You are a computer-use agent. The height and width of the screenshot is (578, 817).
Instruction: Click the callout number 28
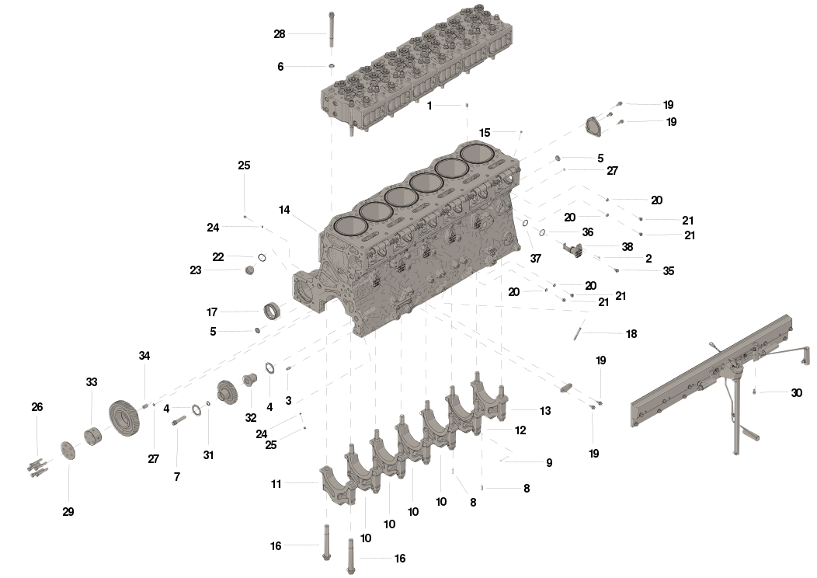pyautogui.click(x=280, y=34)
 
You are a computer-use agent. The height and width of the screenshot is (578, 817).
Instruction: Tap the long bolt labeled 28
pyautogui.click(x=332, y=31)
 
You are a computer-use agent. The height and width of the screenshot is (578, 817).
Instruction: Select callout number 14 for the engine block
pyautogui.click(x=284, y=210)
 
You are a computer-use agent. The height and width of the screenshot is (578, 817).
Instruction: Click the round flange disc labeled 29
pyautogui.click(x=67, y=450)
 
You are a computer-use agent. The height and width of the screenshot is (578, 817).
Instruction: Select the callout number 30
pyautogui.click(x=796, y=393)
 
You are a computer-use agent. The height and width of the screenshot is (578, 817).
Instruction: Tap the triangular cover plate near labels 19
pyautogui.click(x=596, y=126)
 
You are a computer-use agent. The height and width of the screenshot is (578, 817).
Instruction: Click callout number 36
pyautogui.click(x=587, y=232)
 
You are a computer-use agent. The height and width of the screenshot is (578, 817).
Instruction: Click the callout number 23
pyautogui.click(x=195, y=270)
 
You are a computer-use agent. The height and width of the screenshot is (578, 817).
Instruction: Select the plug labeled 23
pyautogui.click(x=250, y=270)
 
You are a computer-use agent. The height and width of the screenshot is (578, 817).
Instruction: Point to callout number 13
pyautogui.click(x=545, y=410)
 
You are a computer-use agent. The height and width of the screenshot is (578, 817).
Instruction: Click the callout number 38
pyautogui.click(x=628, y=245)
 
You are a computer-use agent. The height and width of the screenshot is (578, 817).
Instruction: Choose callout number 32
pyautogui.click(x=251, y=417)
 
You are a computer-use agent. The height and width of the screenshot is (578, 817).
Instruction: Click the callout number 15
pyautogui.click(x=485, y=133)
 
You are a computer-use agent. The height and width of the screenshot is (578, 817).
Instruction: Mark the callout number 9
pyautogui.click(x=548, y=462)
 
